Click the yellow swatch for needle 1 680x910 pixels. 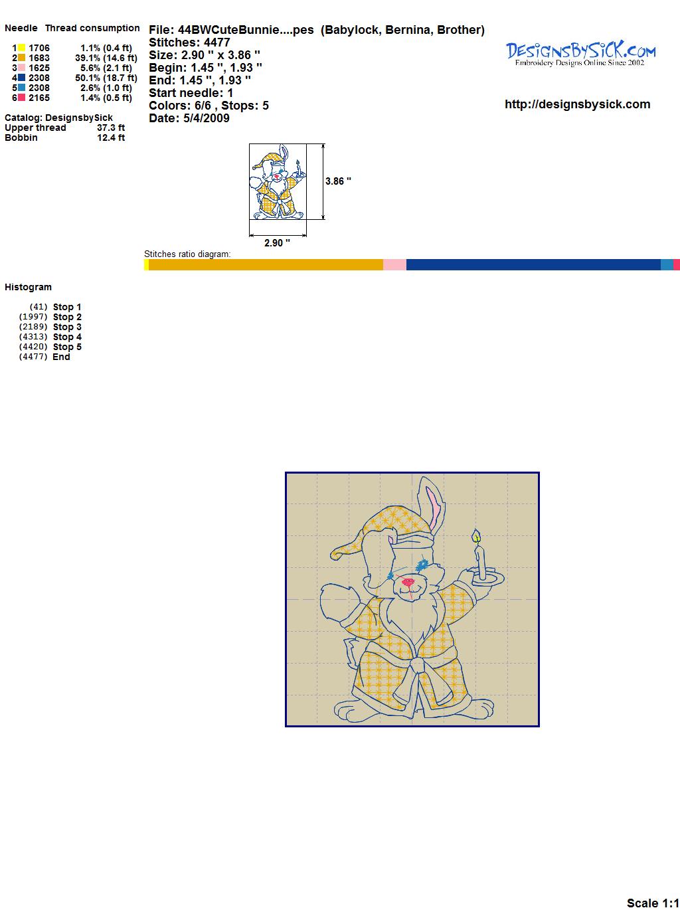[21, 48]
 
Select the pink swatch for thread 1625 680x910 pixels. [21, 68]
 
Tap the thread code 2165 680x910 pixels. [39, 98]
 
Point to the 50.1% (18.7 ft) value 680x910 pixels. [106, 78]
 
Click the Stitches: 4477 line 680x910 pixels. [189, 43]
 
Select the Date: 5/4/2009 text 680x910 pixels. [189, 118]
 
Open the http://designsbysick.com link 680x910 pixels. [577, 104]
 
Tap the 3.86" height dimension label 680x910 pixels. [338, 181]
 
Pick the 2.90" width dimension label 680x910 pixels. [277, 243]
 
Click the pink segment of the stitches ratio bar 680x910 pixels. [394, 264]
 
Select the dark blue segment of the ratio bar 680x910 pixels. [533, 264]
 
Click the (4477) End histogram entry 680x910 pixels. [44, 357]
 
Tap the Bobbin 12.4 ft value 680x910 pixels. [111, 137]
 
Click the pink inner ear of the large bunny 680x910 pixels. [434, 509]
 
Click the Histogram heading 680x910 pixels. [28, 288]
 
